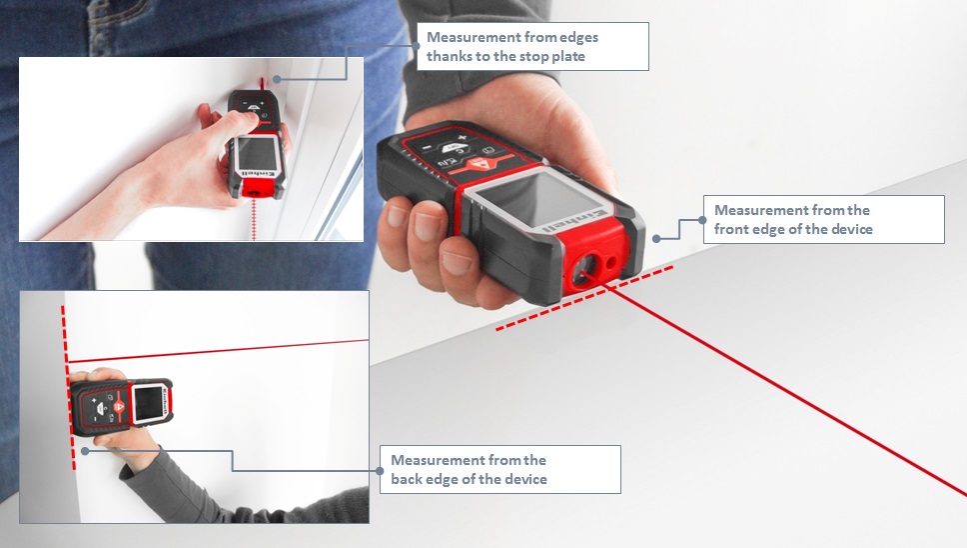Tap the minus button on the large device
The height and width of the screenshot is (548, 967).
coord(426,147)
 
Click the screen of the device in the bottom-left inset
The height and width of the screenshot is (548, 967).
coord(148,403)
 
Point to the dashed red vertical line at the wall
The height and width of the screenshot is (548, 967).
coord(68,387)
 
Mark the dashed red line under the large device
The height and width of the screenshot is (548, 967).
coord(584,298)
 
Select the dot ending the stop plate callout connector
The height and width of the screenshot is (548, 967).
coord(277,79)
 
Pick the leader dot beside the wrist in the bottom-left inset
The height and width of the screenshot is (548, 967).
coord(86,451)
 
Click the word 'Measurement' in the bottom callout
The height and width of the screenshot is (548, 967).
coord(431,460)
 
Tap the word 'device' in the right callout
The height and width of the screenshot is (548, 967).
coord(852,230)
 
